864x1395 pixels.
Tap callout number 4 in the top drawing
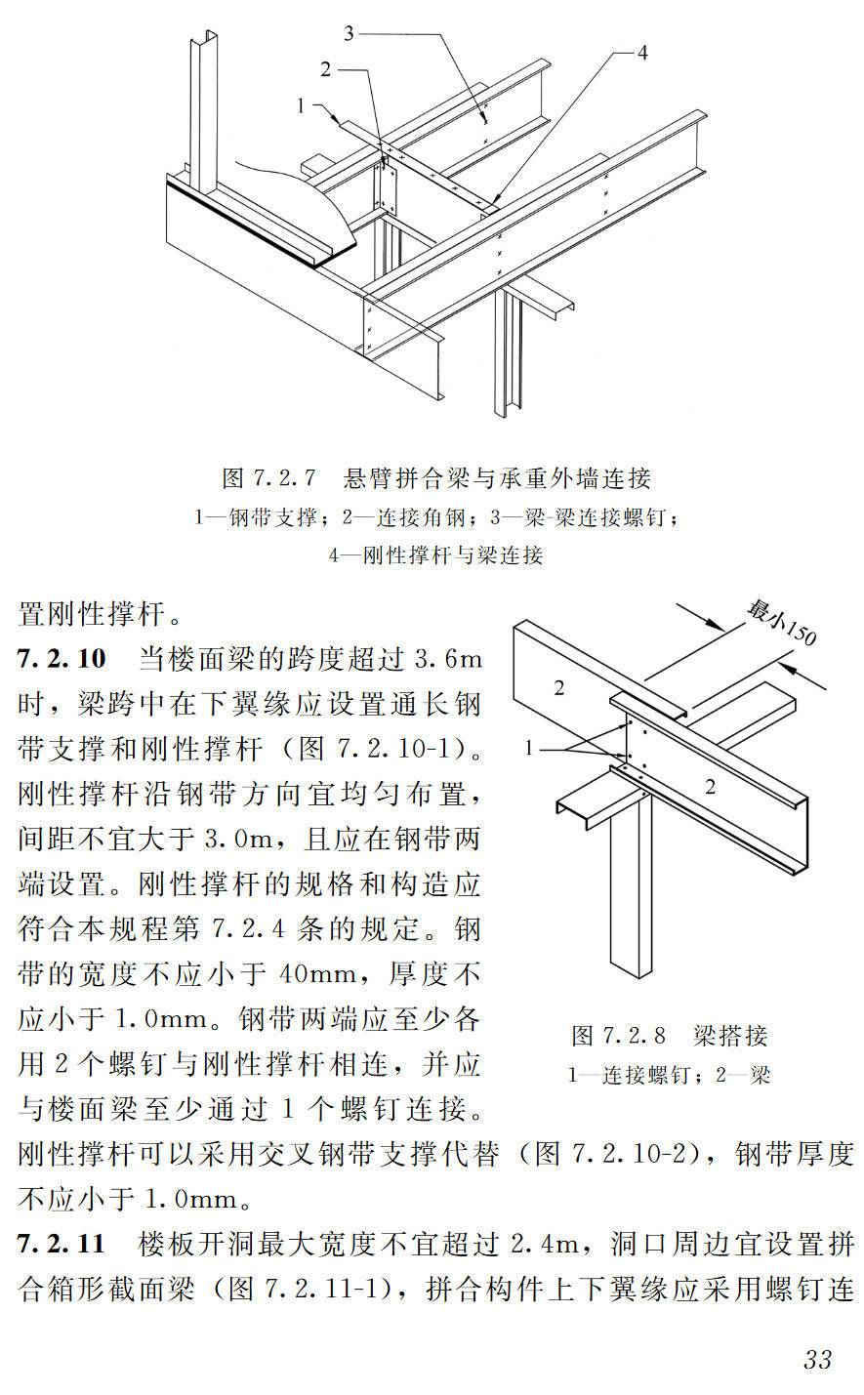pyautogui.click(x=641, y=54)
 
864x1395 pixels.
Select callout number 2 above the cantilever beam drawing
pyautogui.click(x=326, y=68)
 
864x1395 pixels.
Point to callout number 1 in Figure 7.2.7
pyautogui.click(x=303, y=103)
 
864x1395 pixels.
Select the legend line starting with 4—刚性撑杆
pyautogui.click(x=435, y=555)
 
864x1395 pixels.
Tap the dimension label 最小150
pyautogui.click(x=781, y=623)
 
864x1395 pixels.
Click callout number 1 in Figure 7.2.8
pyautogui.click(x=529, y=749)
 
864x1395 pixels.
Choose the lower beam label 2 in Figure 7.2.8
pyautogui.click(x=710, y=787)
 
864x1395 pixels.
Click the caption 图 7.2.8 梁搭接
pyautogui.click(x=669, y=1035)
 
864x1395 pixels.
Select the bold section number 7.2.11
pyautogui.click(x=61, y=1245)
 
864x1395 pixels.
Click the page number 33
pyautogui.click(x=817, y=1359)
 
